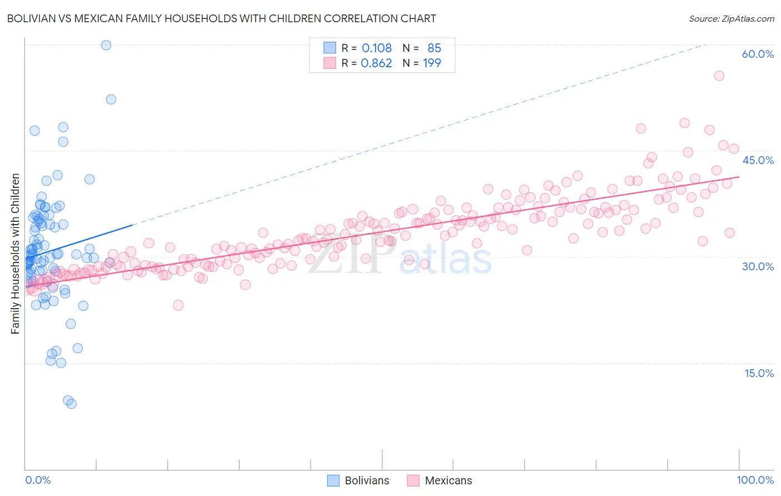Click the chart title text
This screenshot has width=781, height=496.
(221, 18)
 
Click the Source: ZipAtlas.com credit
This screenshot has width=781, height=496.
(731, 18)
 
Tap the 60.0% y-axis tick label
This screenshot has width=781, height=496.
(758, 54)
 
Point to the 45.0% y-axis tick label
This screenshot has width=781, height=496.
(758, 160)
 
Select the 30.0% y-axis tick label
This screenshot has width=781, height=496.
(758, 266)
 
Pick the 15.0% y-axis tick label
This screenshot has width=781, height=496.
(759, 373)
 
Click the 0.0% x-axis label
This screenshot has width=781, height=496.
(38, 480)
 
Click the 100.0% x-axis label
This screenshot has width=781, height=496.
(755, 480)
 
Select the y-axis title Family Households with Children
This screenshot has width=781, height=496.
(16, 254)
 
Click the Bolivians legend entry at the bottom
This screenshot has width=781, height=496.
(358, 480)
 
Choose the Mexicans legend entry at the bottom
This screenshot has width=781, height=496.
(439, 480)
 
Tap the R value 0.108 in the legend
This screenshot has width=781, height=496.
(377, 48)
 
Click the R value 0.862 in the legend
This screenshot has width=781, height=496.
(376, 63)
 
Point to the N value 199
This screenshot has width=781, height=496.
(432, 63)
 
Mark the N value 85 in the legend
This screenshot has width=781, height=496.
(434, 48)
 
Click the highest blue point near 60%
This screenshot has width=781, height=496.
(106, 45)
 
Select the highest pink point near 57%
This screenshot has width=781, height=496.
(719, 76)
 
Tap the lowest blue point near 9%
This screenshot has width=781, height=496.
(71, 404)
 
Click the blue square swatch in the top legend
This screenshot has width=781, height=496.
(330, 48)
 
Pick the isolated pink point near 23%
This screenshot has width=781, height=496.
(178, 305)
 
